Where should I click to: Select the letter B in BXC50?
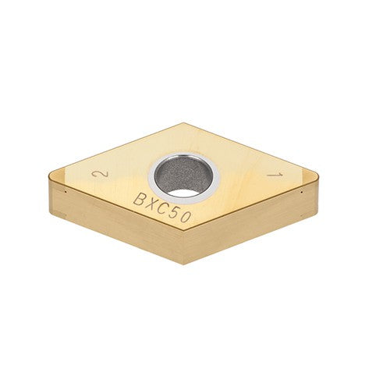tap(139, 200)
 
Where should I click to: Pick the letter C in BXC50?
tap(163, 209)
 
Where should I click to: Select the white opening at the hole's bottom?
tap(183, 192)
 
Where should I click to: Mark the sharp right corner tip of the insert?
tap(320, 178)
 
